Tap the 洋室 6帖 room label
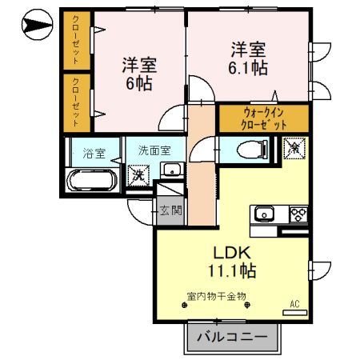point(138,73)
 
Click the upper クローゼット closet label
point(76,40)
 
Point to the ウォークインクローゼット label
point(263,119)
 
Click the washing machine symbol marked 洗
point(138,172)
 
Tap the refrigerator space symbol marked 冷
point(294,148)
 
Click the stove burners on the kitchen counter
point(297,214)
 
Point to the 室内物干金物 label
point(216,296)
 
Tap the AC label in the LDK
point(295,304)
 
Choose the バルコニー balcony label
point(232,338)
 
